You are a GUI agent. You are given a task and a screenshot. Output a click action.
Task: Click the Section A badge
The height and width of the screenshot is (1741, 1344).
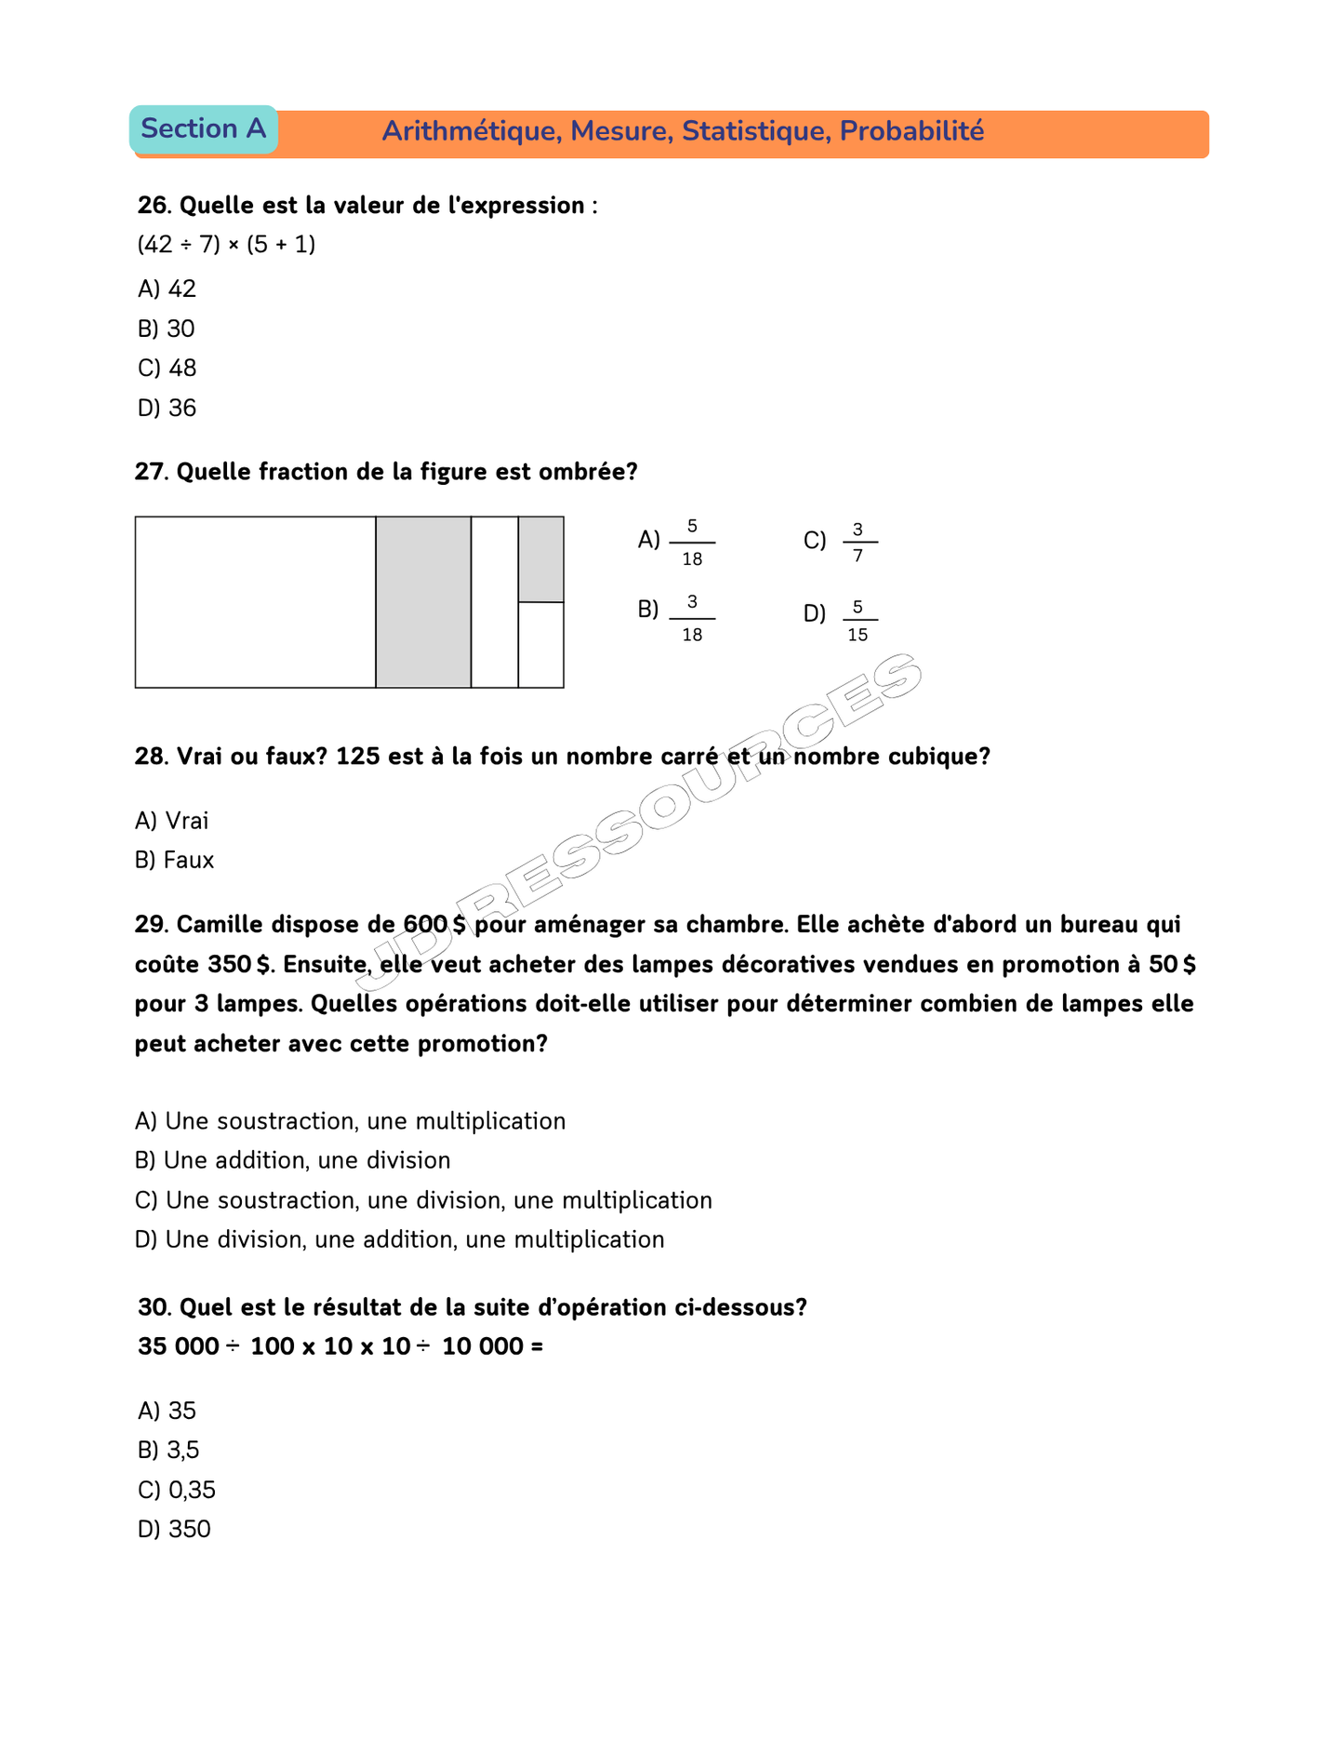tap(203, 129)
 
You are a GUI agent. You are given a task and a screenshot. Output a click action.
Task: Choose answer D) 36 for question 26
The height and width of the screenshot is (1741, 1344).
tap(167, 408)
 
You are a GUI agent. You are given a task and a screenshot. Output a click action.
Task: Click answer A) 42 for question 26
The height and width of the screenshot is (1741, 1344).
tap(167, 289)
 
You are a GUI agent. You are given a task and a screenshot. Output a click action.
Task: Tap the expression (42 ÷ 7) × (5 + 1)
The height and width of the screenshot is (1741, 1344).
tap(227, 245)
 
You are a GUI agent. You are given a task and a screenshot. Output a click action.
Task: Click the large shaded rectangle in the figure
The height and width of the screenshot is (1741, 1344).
tap(423, 602)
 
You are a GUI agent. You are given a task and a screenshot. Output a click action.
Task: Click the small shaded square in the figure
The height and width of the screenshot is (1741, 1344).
tap(540, 559)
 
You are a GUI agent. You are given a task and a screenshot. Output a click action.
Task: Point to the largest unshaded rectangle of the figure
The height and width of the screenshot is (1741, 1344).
tap(255, 602)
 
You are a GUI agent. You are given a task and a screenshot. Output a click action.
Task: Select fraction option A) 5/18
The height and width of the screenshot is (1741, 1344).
tap(677, 542)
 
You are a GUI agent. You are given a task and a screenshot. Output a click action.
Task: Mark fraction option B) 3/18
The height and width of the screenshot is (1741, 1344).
tap(677, 618)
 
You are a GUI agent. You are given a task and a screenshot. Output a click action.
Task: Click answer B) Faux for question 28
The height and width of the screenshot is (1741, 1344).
tap(175, 861)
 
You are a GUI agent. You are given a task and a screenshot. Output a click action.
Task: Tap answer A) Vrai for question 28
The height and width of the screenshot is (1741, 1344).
tap(172, 821)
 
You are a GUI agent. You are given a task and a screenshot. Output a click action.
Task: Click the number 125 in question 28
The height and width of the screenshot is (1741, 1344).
tap(358, 757)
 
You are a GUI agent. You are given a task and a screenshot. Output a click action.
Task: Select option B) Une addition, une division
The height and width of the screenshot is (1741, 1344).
tap(293, 1160)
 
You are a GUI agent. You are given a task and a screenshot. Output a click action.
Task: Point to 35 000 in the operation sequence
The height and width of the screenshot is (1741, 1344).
tap(179, 1346)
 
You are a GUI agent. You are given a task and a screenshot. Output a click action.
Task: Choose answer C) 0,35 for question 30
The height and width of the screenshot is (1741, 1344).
tap(177, 1491)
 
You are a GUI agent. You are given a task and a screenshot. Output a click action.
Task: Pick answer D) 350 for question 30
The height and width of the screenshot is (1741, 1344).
tap(175, 1530)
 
